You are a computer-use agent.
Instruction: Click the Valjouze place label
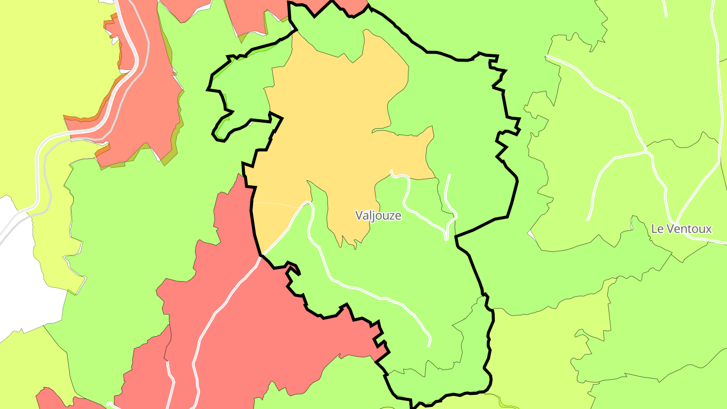pyautogui.click(x=378, y=216)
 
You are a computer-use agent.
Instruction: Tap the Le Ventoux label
pyautogui.click(x=681, y=229)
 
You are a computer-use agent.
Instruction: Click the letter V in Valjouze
pyautogui.click(x=359, y=216)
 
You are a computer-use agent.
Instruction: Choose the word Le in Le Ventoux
pyautogui.click(x=657, y=229)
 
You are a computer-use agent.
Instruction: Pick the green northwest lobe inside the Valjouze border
pyautogui.click(x=242, y=86)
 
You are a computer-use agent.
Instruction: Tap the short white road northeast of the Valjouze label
pyautogui.click(x=448, y=197)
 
